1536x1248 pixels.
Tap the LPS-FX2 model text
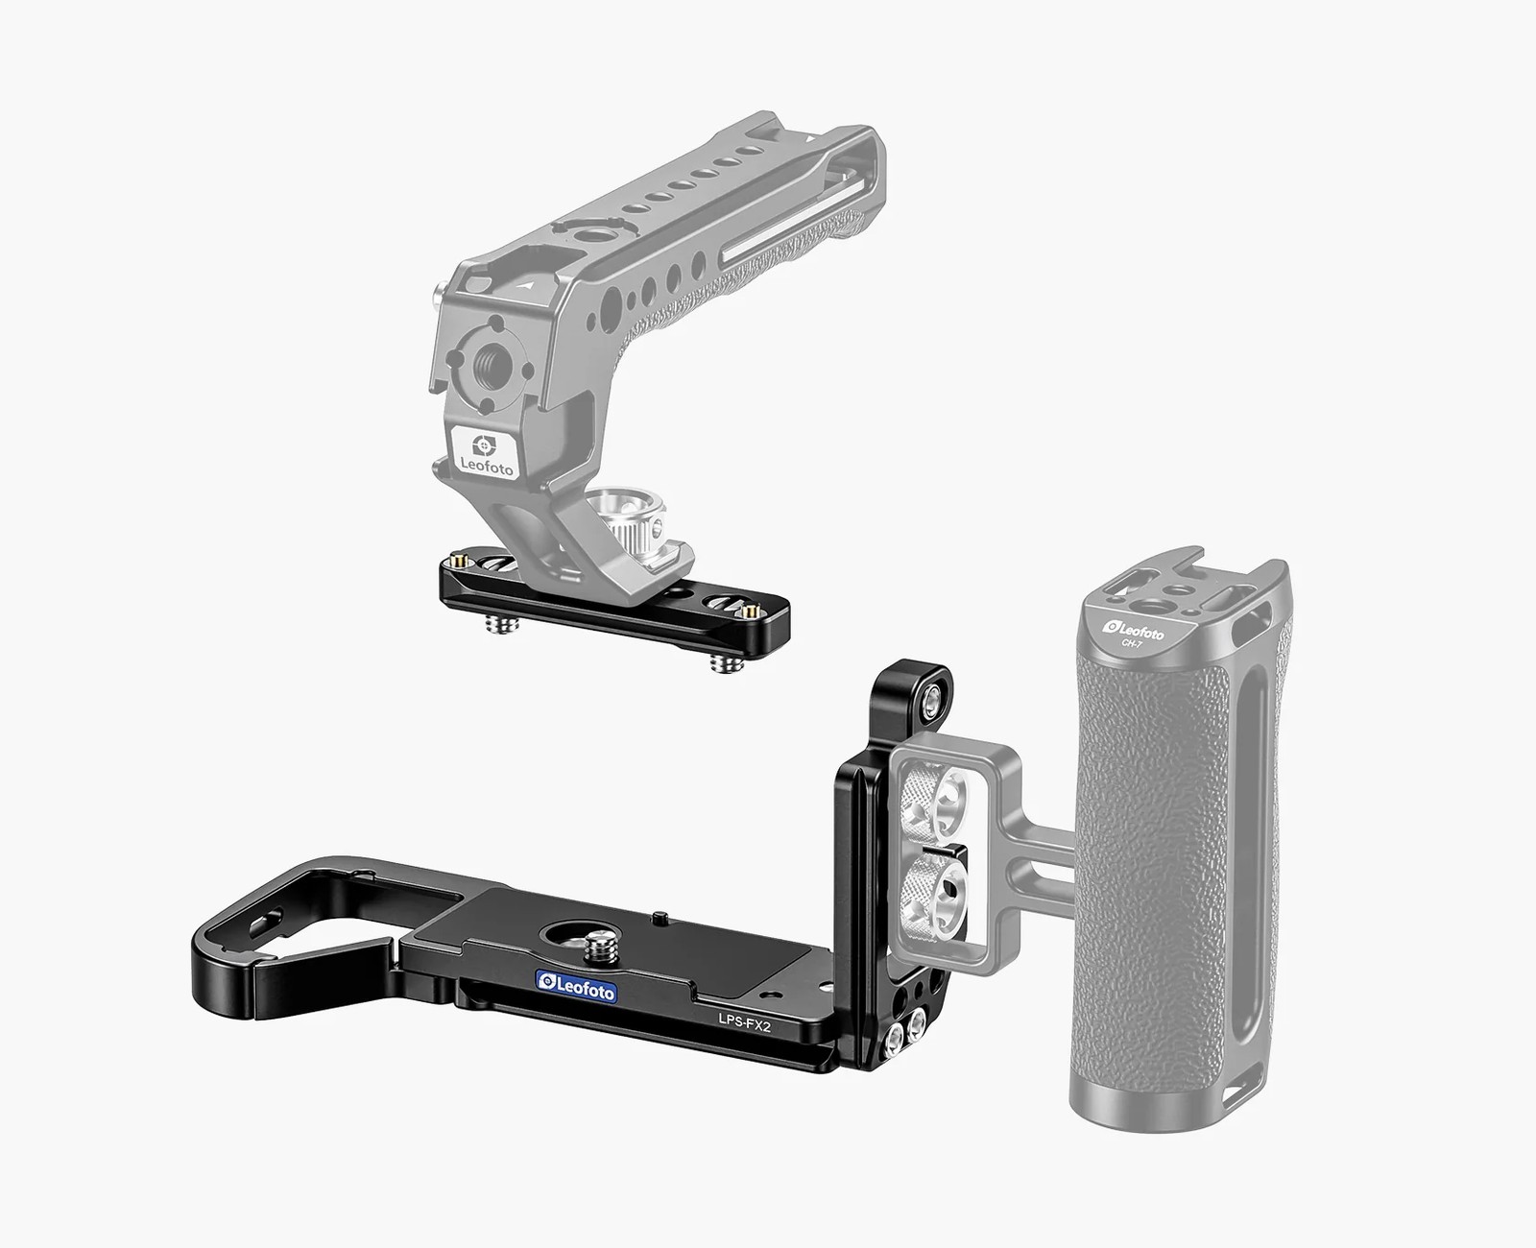[746, 1024]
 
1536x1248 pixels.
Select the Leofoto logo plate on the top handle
[483, 450]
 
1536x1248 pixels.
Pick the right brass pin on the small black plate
[750, 611]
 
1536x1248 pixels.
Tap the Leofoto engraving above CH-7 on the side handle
[1135, 631]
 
